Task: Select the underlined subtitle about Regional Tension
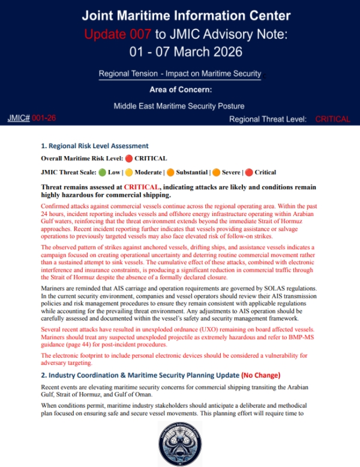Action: (x=180, y=74)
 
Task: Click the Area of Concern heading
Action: (x=180, y=91)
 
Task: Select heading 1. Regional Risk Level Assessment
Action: (x=94, y=146)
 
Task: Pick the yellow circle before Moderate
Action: (x=128, y=172)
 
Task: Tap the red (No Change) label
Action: (x=260, y=375)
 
